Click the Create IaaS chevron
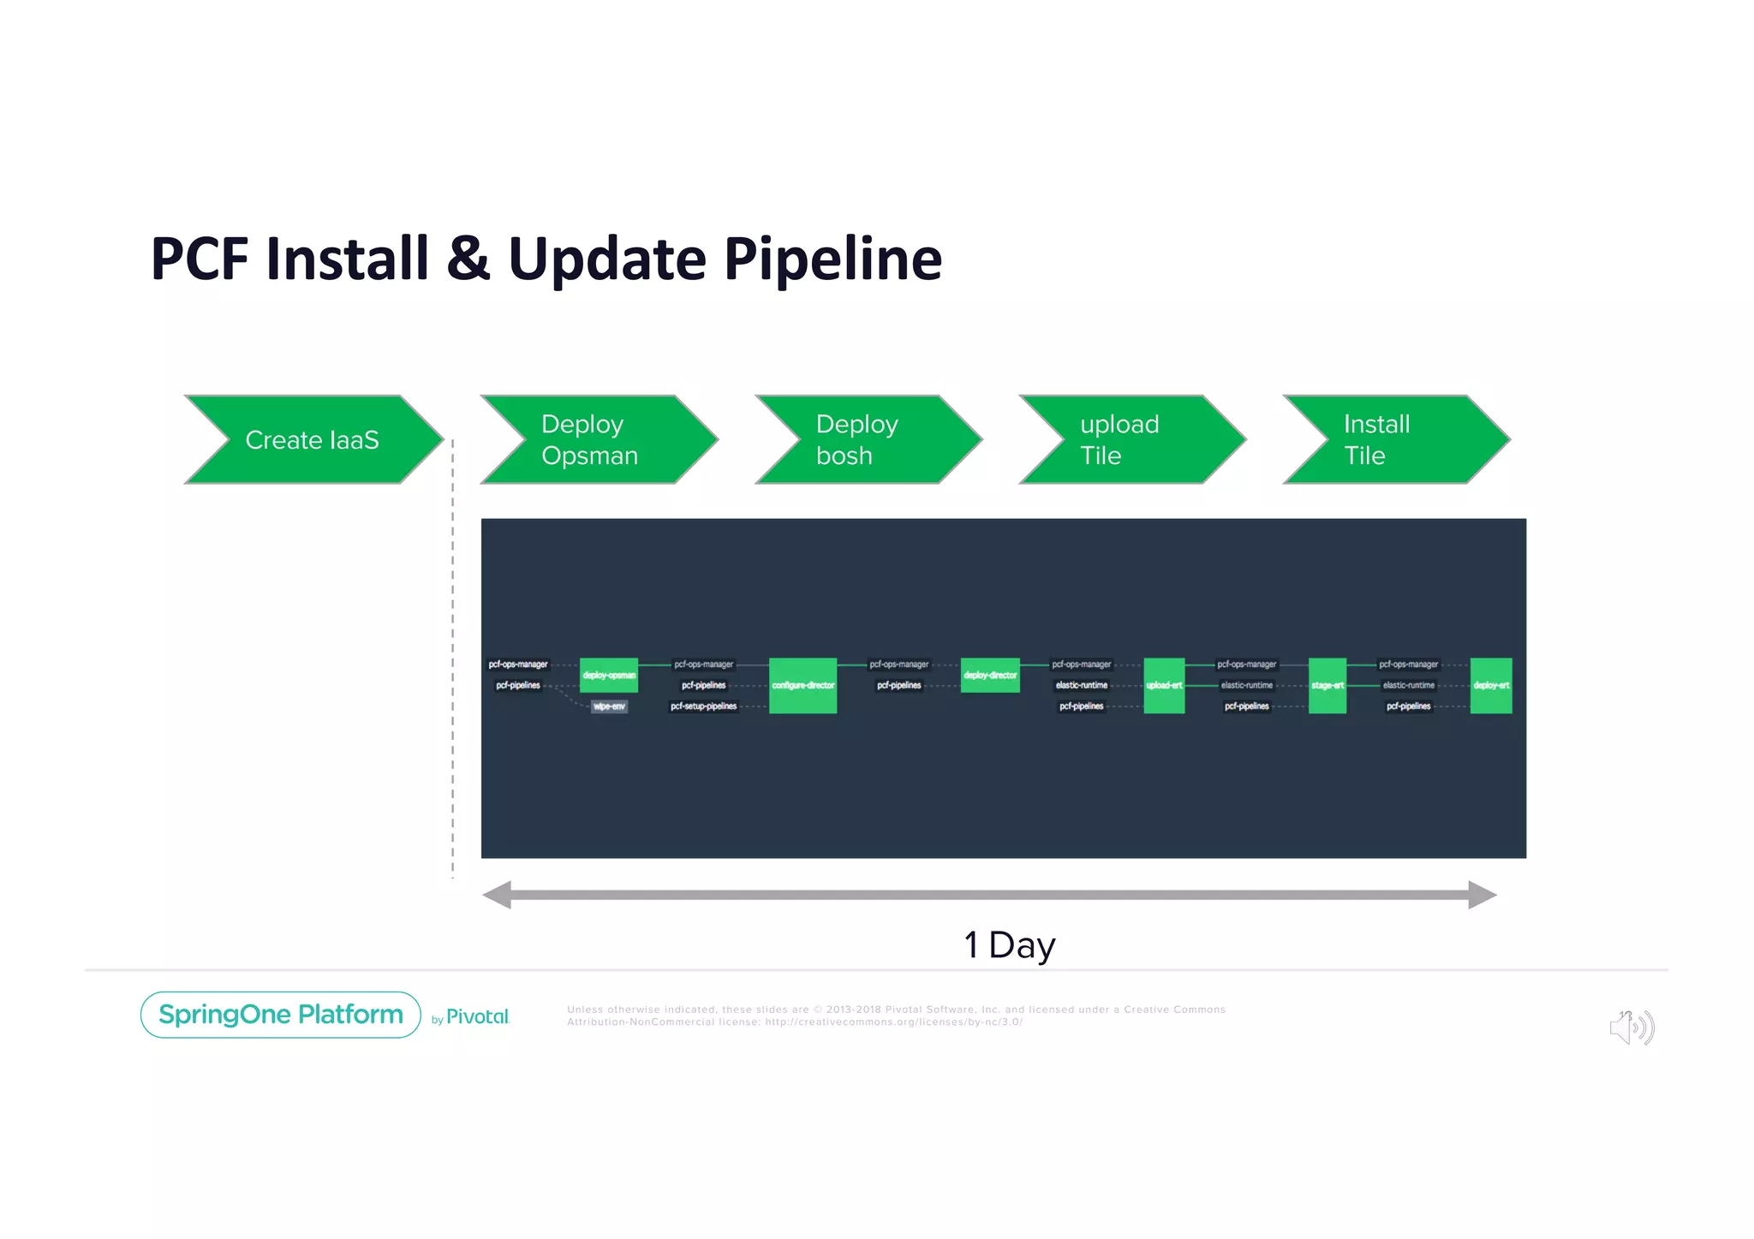(313, 439)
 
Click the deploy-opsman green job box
(609, 675)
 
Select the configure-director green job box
(802, 685)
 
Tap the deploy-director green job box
(990, 675)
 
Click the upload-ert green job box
(1164, 685)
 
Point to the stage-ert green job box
(1327, 685)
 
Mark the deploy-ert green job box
(1491, 685)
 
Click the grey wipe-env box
(609, 706)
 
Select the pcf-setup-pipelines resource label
(703, 706)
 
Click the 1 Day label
(1009, 945)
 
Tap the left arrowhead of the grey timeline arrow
(497, 895)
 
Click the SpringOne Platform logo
(281, 1015)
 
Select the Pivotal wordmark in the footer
(477, 1016)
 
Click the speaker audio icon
(1632, 1027)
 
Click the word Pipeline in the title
(832, 259)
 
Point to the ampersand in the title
(468, 259)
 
